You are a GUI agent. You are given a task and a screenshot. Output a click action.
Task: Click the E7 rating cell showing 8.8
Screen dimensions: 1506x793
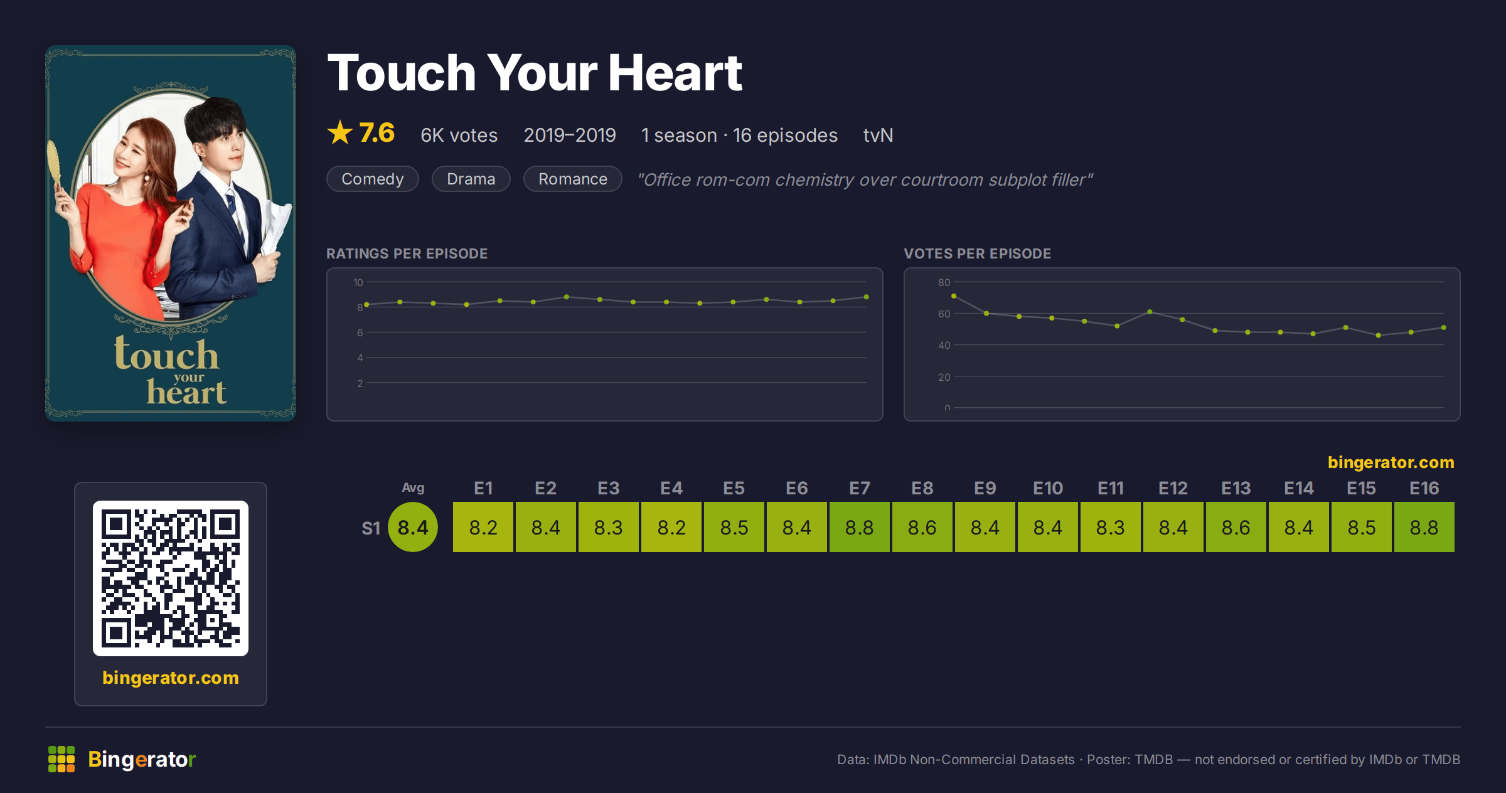click(x=860, y=527)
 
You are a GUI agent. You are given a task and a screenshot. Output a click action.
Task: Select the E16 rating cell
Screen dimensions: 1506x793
click(x=1424, y=527)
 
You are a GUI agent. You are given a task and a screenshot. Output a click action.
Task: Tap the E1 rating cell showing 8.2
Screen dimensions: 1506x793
click(x=483, y=527)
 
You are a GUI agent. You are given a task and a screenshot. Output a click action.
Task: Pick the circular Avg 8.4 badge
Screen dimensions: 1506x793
click(x=413, y=527)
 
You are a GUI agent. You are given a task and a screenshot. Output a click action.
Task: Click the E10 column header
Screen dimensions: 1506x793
click(x=1048, y=488)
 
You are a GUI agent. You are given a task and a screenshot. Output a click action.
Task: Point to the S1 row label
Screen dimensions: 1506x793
click(x=371, y=528)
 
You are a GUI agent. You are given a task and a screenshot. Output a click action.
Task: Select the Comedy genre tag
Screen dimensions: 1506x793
click(x=373, y=179)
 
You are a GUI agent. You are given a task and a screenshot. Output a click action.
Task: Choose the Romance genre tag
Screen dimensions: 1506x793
click(x=573, y=179)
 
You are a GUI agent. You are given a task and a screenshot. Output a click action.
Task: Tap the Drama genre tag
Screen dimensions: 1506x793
click(x=471, y=179)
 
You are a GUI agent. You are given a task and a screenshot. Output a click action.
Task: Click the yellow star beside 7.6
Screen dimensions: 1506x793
click(x=340, y=133)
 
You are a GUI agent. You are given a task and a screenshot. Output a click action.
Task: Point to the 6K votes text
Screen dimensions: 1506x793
click(x=459, y=135)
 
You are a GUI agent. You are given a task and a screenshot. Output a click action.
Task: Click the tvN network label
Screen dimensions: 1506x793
click(x=878, y=135)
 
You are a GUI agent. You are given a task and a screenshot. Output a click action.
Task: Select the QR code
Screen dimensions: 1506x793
click(x=171, y=578)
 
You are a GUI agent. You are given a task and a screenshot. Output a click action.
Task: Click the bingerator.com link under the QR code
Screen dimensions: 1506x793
click(x=171, y=678)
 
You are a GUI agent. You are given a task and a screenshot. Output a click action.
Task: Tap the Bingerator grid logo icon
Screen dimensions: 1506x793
click(x=61, y=759)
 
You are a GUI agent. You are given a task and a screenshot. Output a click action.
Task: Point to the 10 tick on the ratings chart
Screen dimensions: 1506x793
click(x=358, y=282)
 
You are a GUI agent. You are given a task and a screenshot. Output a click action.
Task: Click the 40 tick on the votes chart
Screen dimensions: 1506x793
click(x=944, y=345)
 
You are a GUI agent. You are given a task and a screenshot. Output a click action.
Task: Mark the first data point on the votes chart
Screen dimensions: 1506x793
click(x=954, y=296)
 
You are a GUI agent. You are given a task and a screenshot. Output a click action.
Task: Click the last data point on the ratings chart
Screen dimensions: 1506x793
click(x=867, y=297)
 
